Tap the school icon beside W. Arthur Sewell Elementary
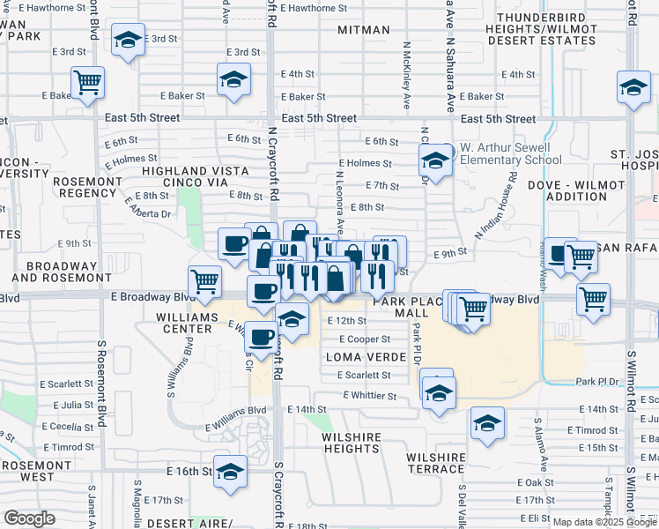pyautogui.click(x=434, y=160)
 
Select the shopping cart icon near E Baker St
pyautogui.click(x=87, y=83)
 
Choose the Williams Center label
pyautogui.click(x=184, y=322)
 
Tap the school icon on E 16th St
pyautogui.click(x=231, y=471)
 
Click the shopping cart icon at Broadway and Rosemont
pyautogui.click(x=204, y=281)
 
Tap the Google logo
pyautogui.click(x=30, y=518)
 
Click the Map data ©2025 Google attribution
pyautogui.click(x=603, y=522)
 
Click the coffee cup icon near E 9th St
pyautogui.click(x=234, y=242)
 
